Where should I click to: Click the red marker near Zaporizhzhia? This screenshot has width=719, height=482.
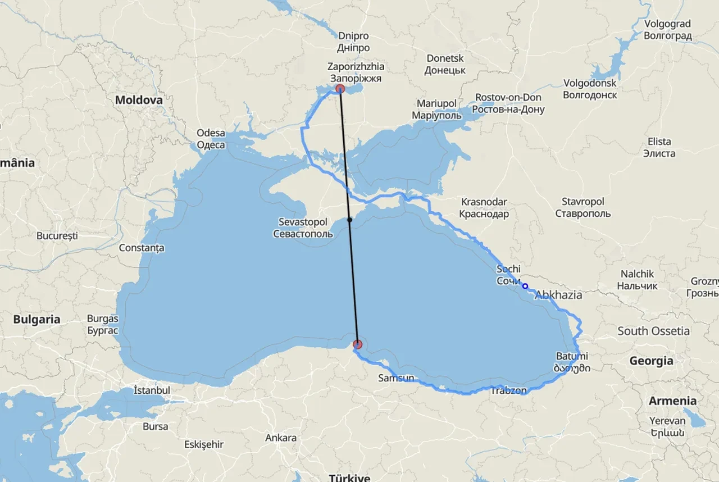(340, 89)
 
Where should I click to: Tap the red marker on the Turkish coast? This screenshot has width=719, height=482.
(358, 344)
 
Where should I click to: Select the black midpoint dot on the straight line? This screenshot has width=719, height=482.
(349, 220)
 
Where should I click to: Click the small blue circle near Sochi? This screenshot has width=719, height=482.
(525, 286)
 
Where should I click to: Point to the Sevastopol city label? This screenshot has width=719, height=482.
(303, 228)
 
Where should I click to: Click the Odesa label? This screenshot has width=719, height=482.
(211, 139)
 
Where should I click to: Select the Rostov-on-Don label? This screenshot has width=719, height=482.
(508, 103)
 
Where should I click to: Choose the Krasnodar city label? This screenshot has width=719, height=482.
(484, 207)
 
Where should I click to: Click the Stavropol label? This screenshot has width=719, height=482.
(583, 207)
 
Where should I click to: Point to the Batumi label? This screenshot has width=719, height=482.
(572, 362)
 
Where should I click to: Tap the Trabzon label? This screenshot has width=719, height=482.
(509, 390)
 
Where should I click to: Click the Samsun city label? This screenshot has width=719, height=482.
(396, 378)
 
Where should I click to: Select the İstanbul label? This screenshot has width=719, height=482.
(152, 390)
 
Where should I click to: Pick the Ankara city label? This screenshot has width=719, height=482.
(281, 438)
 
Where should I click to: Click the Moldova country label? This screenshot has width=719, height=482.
(139, 100)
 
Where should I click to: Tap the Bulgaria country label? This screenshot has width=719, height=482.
(37, 319)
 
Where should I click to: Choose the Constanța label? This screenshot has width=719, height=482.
(142, 247)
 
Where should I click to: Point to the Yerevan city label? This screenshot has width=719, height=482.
(667, 426)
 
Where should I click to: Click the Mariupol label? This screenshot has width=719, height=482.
(436, 110)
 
